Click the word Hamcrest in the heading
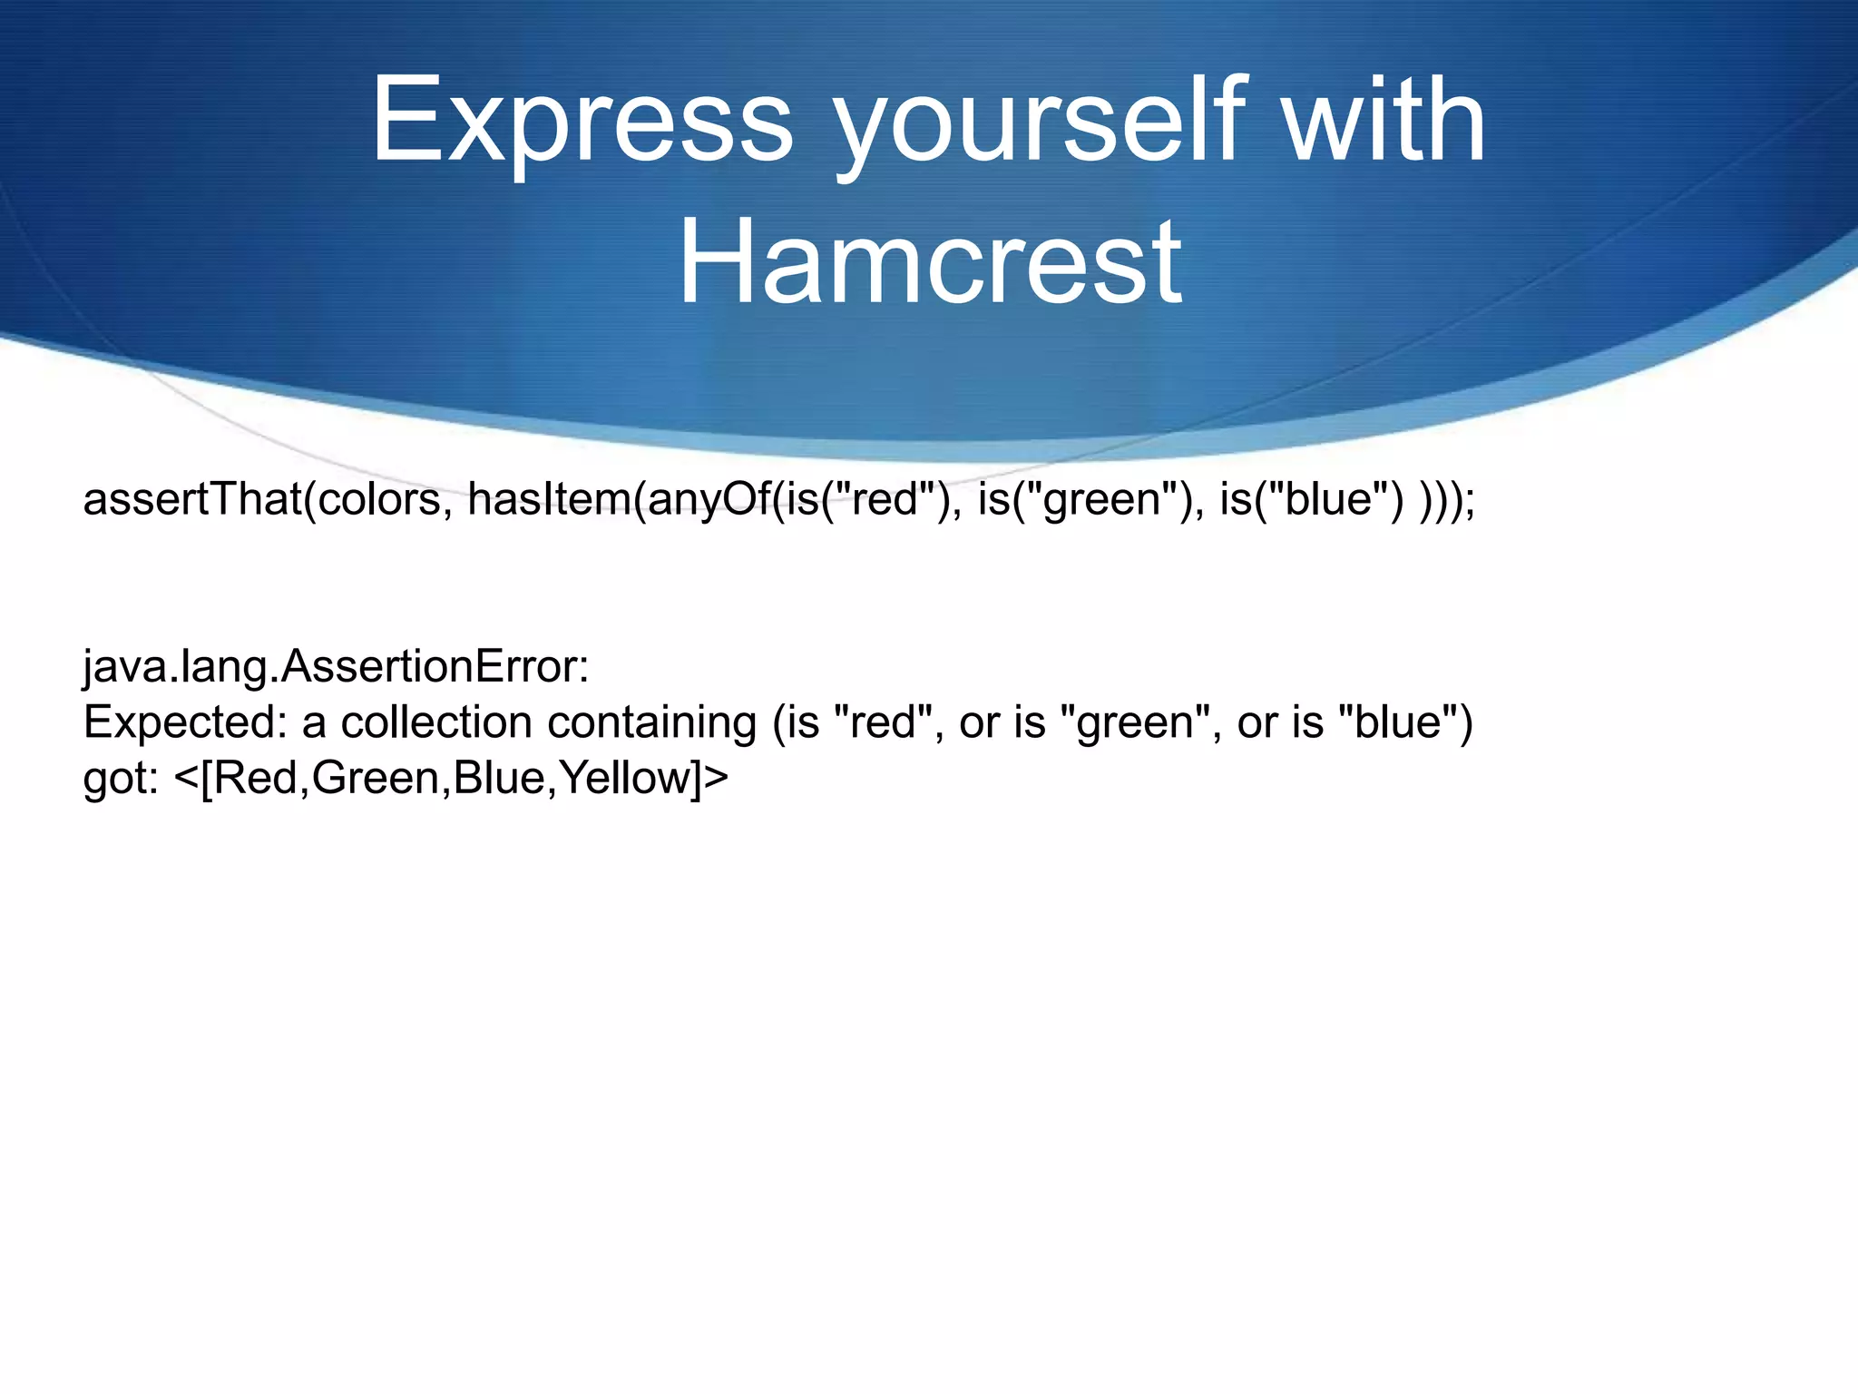[x=929, y=262]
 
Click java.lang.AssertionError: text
[x=337, y=667]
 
